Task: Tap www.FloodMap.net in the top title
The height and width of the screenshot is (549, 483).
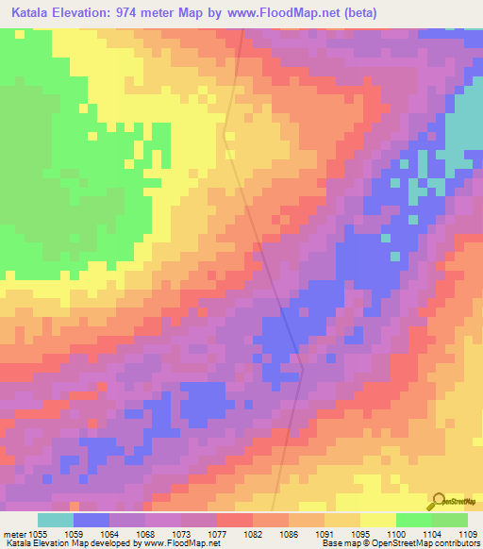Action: click(304, 12)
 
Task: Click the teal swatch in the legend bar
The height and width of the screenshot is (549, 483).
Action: click(55, 520)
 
